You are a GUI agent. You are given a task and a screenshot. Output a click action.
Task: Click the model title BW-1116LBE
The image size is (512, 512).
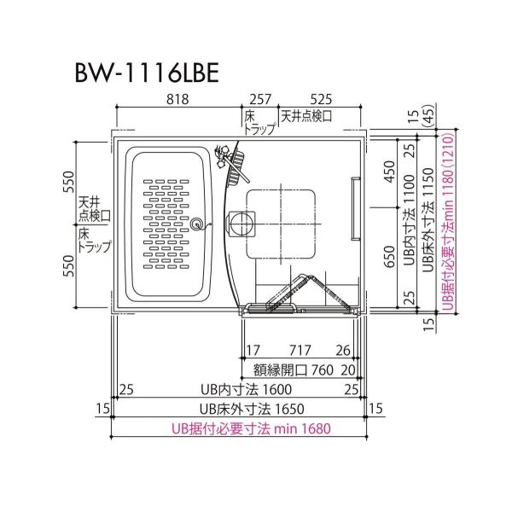tap(147, 73)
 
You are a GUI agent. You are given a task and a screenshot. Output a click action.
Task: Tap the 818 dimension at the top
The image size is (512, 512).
tap(177, 99)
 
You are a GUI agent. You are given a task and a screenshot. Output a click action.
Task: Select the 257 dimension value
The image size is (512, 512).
tap(260, 99)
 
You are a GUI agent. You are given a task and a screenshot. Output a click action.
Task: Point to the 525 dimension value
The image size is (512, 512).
tap(321, 99)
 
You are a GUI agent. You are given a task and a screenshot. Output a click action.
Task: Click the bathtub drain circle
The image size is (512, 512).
tap(196, 224)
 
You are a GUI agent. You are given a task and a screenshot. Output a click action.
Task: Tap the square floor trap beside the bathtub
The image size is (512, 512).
tap(242, 224)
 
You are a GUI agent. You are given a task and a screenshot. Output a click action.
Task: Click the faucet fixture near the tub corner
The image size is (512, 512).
tap(222, 156)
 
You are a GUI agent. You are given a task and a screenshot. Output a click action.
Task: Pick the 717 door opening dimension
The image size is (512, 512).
tap(300, 351)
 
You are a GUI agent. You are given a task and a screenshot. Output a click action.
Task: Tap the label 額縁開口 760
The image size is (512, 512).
tap(294, 370)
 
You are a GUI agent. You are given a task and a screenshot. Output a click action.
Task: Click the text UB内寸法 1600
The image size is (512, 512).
tap(247, 389)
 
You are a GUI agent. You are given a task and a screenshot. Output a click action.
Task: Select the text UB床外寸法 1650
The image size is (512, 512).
tap(252, 409)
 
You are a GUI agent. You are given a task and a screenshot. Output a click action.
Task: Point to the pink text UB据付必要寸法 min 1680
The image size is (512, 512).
tap(251, 428)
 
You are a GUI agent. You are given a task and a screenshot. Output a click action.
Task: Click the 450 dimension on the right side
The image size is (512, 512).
tap(389, 172)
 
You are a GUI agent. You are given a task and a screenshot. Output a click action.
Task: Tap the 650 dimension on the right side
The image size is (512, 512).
tap(389, 257)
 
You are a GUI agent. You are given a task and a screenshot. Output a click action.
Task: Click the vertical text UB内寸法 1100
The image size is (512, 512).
tap(409, 219)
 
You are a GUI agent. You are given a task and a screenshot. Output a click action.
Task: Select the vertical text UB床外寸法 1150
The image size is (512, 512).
tap(428, 220)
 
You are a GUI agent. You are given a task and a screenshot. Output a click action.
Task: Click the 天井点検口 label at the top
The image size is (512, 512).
tap(306, 116)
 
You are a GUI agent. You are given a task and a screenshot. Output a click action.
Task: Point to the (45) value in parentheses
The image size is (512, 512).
tap(431, 115)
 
